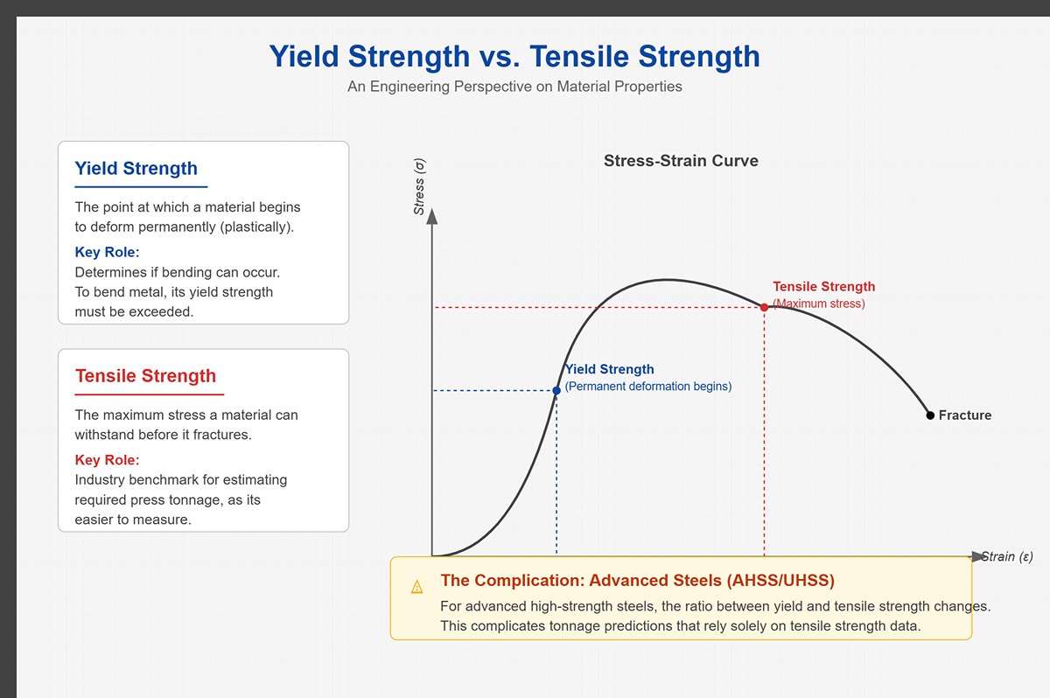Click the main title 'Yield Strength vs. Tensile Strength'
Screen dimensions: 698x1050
(x=514, y=57)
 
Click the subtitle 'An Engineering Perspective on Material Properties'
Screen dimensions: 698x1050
(x=514, y=87)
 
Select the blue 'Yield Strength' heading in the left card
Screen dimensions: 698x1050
(x=136, y=169)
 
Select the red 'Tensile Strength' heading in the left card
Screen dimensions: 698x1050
(x=145, y=376)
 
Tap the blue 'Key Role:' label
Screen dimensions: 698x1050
(x=108, y=253)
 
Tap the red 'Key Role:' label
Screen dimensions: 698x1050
(x=108, y=460)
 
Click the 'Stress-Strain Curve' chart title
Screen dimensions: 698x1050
(x=681, y=161)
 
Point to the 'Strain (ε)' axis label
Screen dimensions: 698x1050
(x=1007, y=556)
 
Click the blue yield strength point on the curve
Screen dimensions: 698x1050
(x=556, y=390)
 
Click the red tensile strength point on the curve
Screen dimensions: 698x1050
(x=765, y=307)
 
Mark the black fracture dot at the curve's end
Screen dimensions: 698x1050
(x=930, y=415)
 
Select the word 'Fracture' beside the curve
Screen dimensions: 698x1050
(x=965, y=415)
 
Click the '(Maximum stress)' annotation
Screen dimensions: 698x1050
(x=819, y=304)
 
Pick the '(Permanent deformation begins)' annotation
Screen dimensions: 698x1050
(x=648, y=386)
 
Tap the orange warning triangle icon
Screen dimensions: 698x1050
(x=417, y=587)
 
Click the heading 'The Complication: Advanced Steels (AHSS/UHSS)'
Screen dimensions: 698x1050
(x=637, y=581)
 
